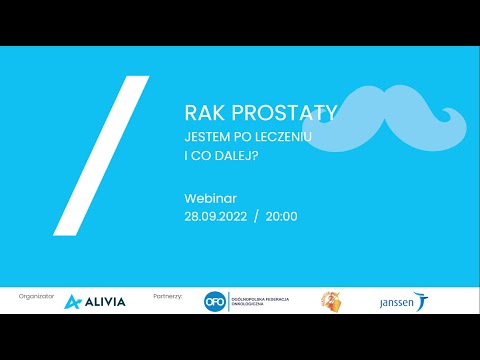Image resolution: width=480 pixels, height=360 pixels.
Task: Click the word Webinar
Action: coord(209,198)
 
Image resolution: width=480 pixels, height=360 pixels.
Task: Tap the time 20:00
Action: coord(282,215)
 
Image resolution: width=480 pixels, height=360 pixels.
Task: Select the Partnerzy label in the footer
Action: coord(169,297)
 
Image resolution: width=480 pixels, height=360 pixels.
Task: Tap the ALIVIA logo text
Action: coord(105,302)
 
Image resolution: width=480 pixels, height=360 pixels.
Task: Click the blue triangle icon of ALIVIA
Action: coord(72,302)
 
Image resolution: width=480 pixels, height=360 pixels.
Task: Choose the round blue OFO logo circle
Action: coord(211,301)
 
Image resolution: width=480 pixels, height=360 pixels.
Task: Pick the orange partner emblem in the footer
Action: coord(329,301)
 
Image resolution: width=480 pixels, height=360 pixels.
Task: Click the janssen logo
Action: coord(400,302)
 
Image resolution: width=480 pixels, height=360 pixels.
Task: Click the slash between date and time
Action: coord(257,215)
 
